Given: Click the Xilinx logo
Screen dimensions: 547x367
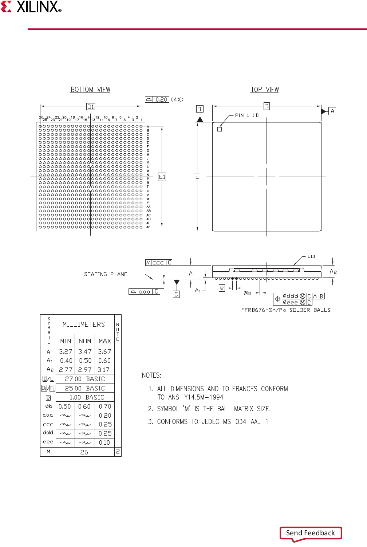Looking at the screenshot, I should [x=31, y=7].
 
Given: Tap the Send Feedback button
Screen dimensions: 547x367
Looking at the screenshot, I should [x=311, y=533].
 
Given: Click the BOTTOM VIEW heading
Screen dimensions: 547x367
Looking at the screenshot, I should [x=90, y=90].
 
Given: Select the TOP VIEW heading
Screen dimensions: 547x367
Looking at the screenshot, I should [x=265, y=90].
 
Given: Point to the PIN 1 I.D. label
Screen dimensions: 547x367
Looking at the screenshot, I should [x=247, y=115].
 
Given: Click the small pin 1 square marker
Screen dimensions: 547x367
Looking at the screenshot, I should [x=220, y=129].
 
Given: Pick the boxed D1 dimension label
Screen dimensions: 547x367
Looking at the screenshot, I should [x=91, y=107].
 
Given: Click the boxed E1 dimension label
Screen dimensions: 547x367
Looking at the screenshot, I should [x=162, y=177].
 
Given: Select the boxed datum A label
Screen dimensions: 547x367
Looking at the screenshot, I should [x=332, y=111].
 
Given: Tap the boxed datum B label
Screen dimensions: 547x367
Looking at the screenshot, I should [x=200, y=109].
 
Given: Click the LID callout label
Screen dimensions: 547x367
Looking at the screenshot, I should [x=311, y=257].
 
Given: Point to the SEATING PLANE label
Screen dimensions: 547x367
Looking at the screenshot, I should [x=106, y=274].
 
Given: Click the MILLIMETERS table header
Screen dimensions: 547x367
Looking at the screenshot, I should [x=84, y=324].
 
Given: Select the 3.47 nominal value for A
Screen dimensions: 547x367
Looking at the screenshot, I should [x=85, y=352].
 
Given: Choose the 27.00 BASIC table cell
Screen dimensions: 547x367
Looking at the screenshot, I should [x=85, y=379].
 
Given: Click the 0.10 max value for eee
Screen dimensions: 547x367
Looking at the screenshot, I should [x=104, y=443].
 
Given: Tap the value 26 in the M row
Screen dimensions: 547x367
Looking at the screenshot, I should [x=84, y=452].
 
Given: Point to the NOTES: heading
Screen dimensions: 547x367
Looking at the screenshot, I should [x=151, y=375].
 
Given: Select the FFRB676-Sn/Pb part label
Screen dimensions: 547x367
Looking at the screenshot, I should [x=263, y=310].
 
